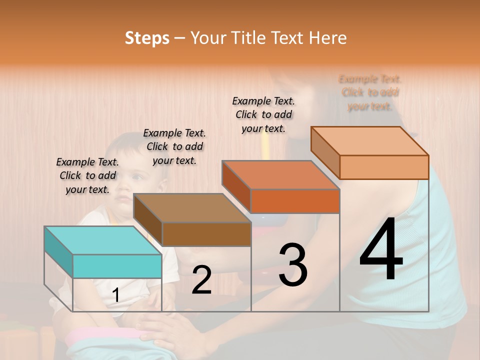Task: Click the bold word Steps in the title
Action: (x=147, y=38)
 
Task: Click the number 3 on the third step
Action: (x=293, y=265)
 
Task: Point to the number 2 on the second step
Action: (x=201, y=280)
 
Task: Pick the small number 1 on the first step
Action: (x=116, y=295)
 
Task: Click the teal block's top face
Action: (x=102, y=240)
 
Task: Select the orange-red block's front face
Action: (x=295, y=201)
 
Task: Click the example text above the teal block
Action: (x=87, y=175)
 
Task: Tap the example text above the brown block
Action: (x=174, y=146)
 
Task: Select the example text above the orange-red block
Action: (x=263, y=114)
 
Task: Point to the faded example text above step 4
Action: (x=370, y=92)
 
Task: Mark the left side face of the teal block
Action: (x=58, y=252)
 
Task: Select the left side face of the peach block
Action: (x=325, y=152)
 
